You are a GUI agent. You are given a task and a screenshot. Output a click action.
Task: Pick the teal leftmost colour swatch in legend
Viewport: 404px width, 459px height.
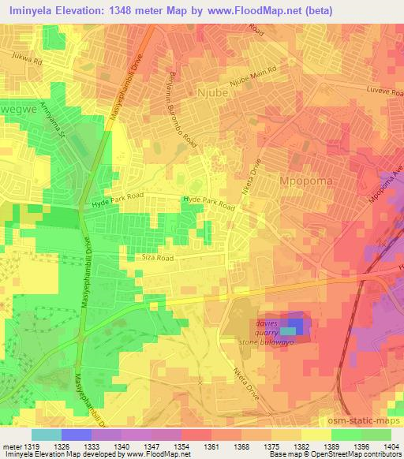pos(45,435)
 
